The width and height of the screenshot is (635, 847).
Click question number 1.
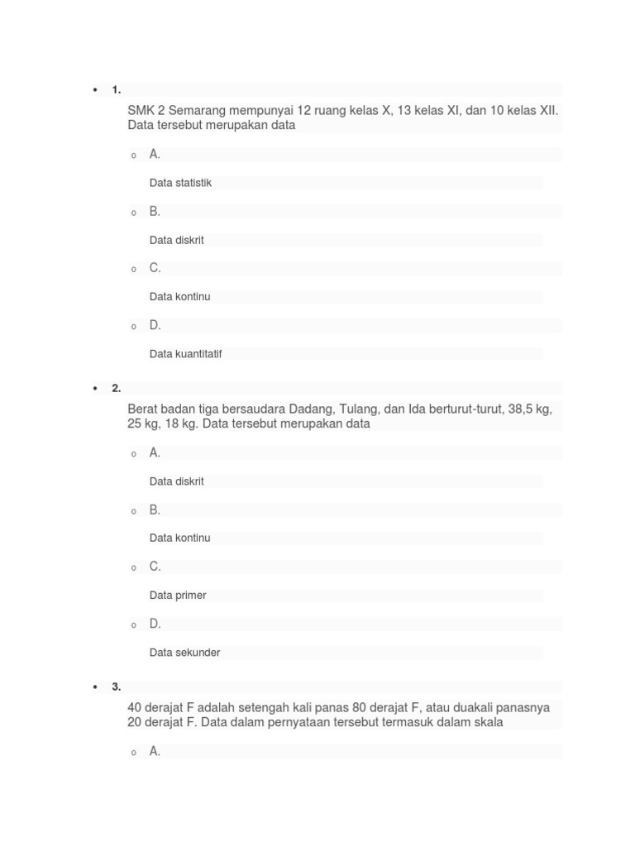pyautogui.click(x=117, y=90)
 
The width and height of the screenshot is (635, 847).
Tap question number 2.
pyautogui.click(x=117, y=389)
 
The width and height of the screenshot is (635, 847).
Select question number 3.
pyautogui.click(x=117, y=687)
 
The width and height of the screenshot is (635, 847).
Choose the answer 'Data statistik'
pyautogui.click(x=180, y=183)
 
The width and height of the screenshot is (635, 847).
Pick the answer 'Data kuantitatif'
pyautogui.click(x=185, y=354)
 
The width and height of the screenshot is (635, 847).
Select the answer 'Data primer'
pyautogui.click(x=178, y=596)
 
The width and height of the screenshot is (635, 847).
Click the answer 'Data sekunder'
pyautogui.click(x=184, y=653)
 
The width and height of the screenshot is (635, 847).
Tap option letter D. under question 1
pyautogui.click(x=155, y=325)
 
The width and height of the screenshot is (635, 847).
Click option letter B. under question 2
pyautogui.click(x=155, y=510)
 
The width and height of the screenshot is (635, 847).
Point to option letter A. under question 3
pyautogui.click(x=155, y=751)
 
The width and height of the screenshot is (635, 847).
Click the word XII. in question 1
pyautogui.click(x=548, y=111)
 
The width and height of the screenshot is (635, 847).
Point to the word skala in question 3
pyautogui.click(x=487, y=722)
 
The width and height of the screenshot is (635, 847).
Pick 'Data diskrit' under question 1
pyautogui.click(x=176, y=240)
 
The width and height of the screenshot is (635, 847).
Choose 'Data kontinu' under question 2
pyautogui.click(x=179, y=538)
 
